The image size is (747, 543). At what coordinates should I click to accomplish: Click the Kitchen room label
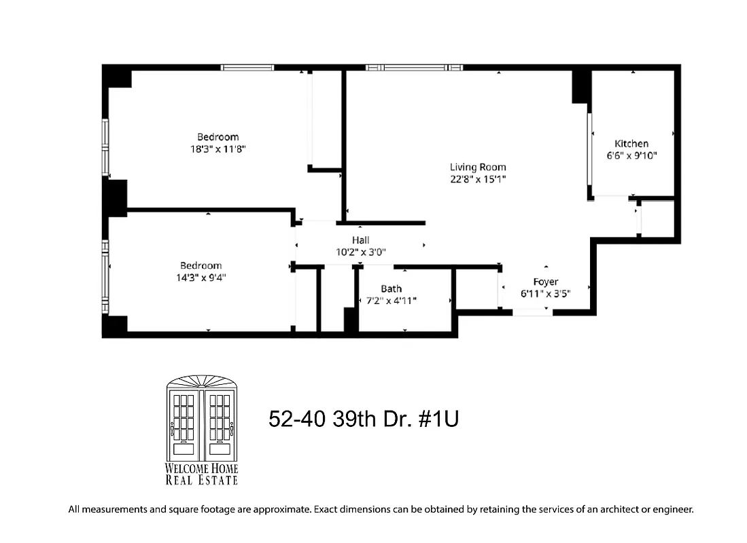point(631,143)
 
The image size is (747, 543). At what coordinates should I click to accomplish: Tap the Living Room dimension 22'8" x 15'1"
point(478,179)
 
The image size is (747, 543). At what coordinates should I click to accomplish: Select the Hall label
point(360,240)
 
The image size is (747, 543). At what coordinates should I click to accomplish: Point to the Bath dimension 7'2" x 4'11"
point(391,300)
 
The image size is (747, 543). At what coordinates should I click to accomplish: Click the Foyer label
point(545,282)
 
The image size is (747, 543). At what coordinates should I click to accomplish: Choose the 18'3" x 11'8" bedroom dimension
point(218,149)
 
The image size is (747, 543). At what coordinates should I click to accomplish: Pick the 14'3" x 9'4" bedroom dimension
point(201,277)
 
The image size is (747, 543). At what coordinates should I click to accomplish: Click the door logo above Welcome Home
point(202,417)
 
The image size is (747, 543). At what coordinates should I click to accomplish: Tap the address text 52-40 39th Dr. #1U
point(364,419)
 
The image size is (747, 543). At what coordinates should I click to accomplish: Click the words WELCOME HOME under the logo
point(202,469)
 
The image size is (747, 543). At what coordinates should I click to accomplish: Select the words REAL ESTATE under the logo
point(202,481)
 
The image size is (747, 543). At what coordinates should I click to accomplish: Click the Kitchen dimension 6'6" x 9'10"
point(631,155)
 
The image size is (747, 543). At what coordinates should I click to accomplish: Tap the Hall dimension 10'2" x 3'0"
point(360,251)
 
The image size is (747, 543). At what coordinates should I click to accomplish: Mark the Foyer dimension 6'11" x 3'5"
point(545,293)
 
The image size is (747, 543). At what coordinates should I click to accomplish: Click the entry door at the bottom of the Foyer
point(532,312)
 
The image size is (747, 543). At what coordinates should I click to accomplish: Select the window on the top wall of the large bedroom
point(247,67)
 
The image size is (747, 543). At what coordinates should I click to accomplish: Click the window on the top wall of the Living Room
point(413,67)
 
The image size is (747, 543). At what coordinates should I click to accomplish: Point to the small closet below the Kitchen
point(657,218)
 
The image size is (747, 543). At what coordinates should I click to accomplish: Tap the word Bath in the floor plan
point(391,288)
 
